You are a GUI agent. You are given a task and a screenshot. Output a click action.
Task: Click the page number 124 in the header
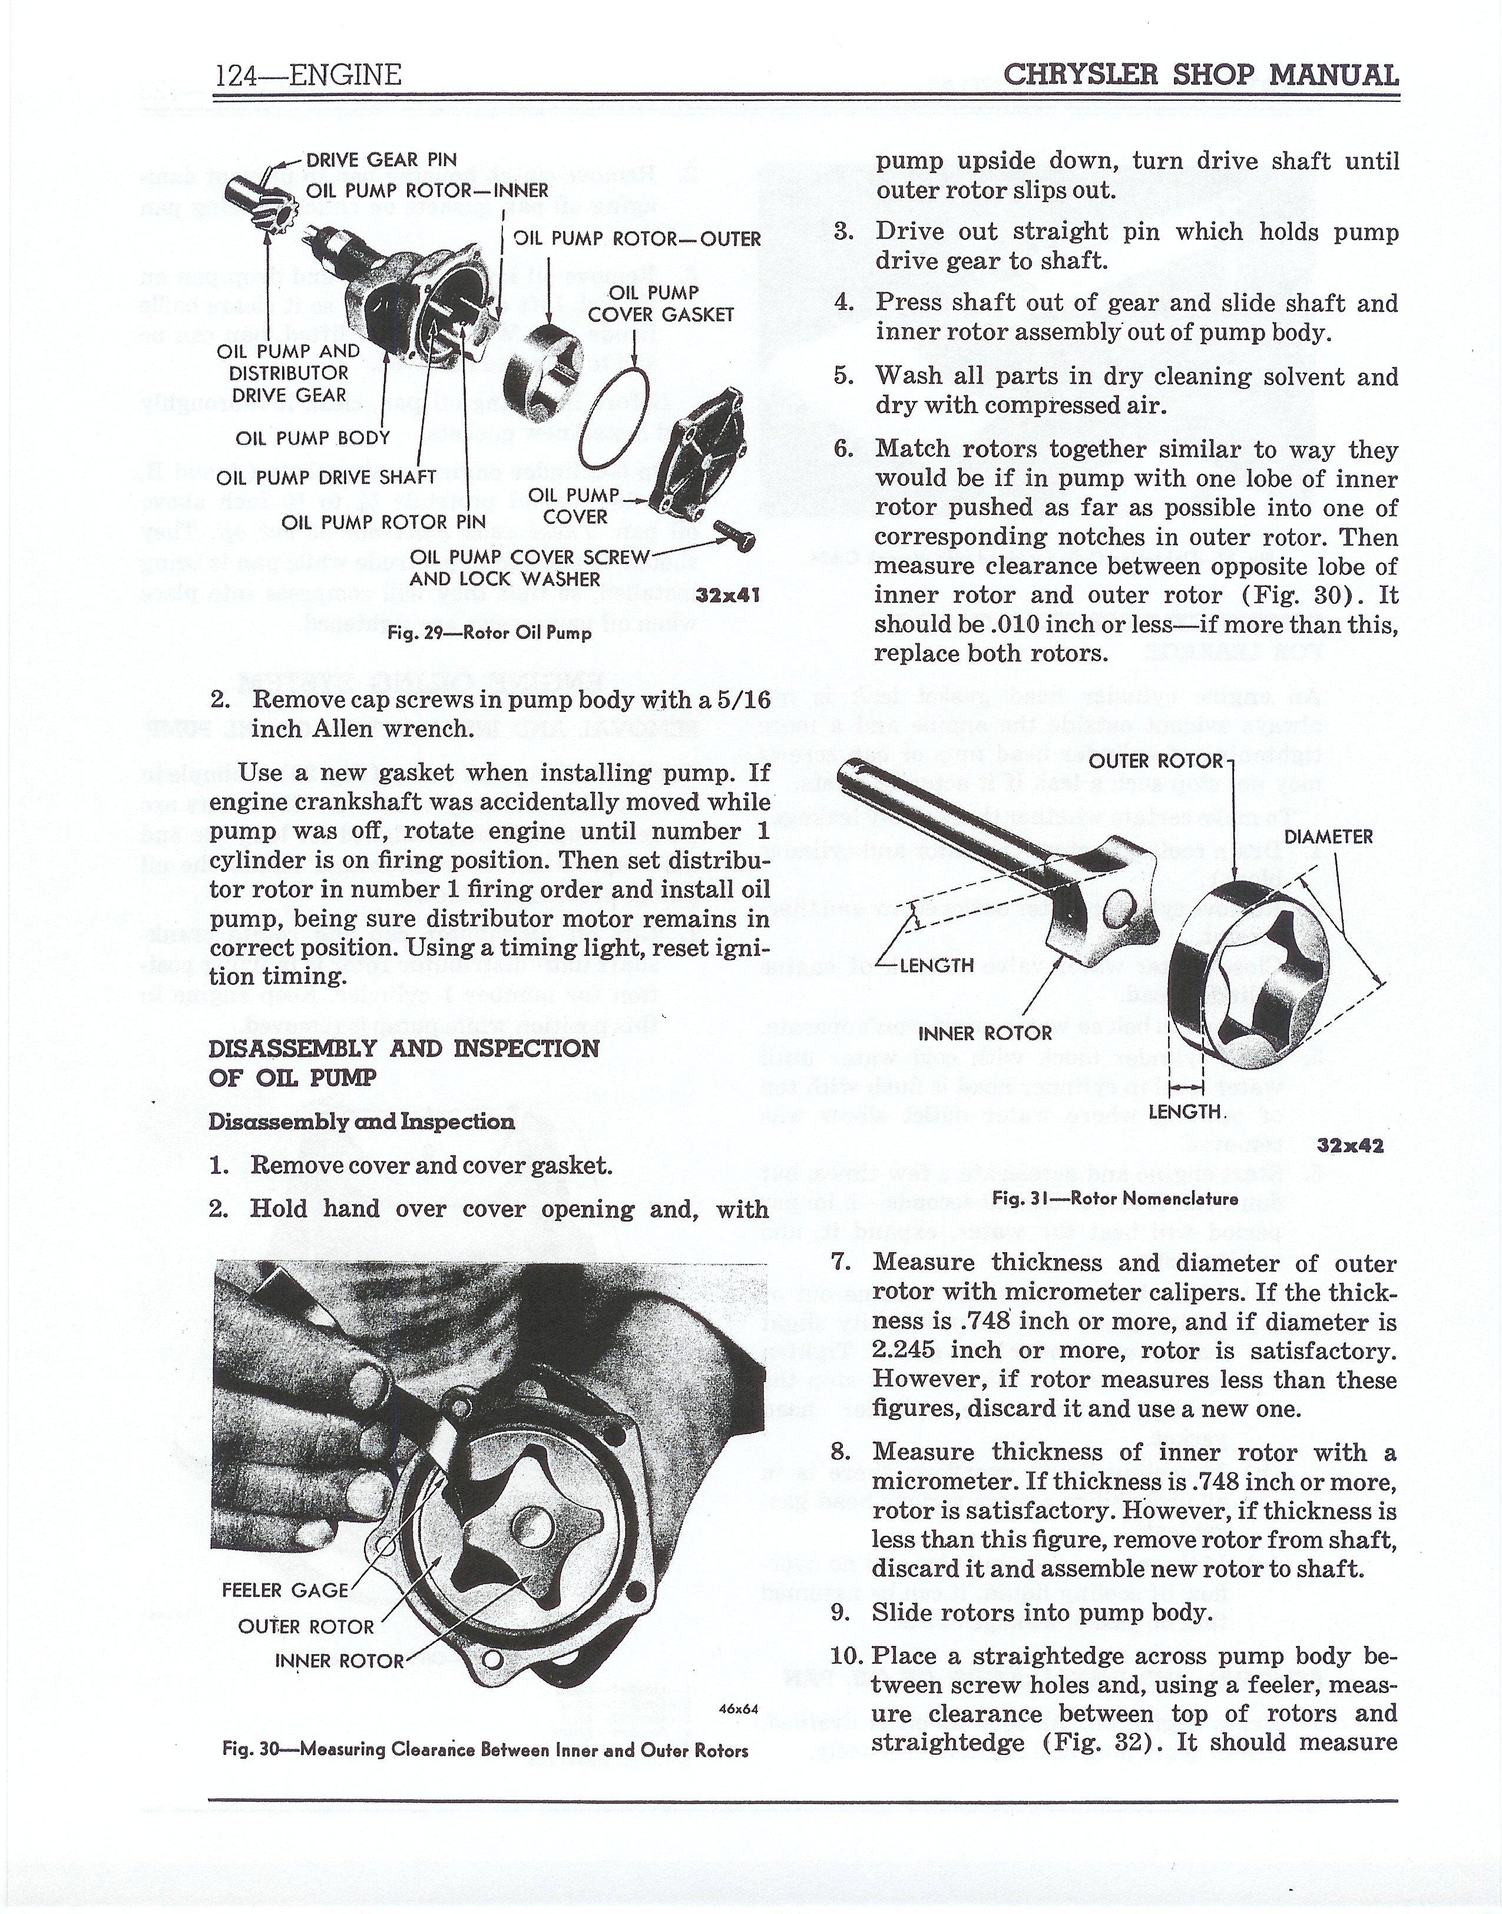(x=235, y=75)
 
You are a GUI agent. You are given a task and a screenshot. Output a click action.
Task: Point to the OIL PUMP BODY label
(x=312, y=437)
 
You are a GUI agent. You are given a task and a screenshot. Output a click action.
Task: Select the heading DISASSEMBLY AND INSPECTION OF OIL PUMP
(x=403, y=1062)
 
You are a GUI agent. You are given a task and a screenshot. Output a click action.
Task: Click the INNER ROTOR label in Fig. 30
(x=339, y=1661)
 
